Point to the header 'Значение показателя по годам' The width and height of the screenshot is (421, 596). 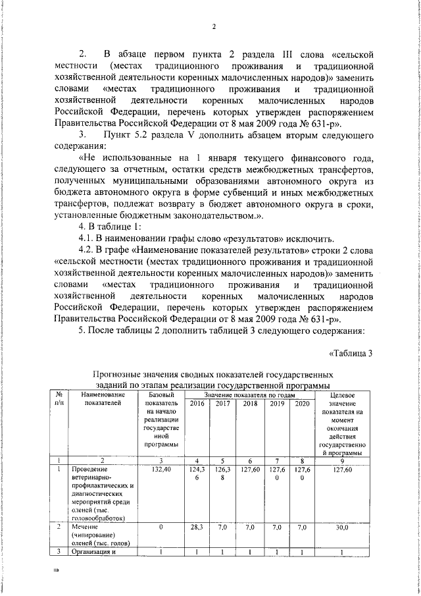click(x=249, y=394)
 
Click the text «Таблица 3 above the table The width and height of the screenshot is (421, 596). click(x=351, y=352)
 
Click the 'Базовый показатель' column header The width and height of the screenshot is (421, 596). click(x=161, y=421)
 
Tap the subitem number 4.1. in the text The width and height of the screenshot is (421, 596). click(x=87, y=238)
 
